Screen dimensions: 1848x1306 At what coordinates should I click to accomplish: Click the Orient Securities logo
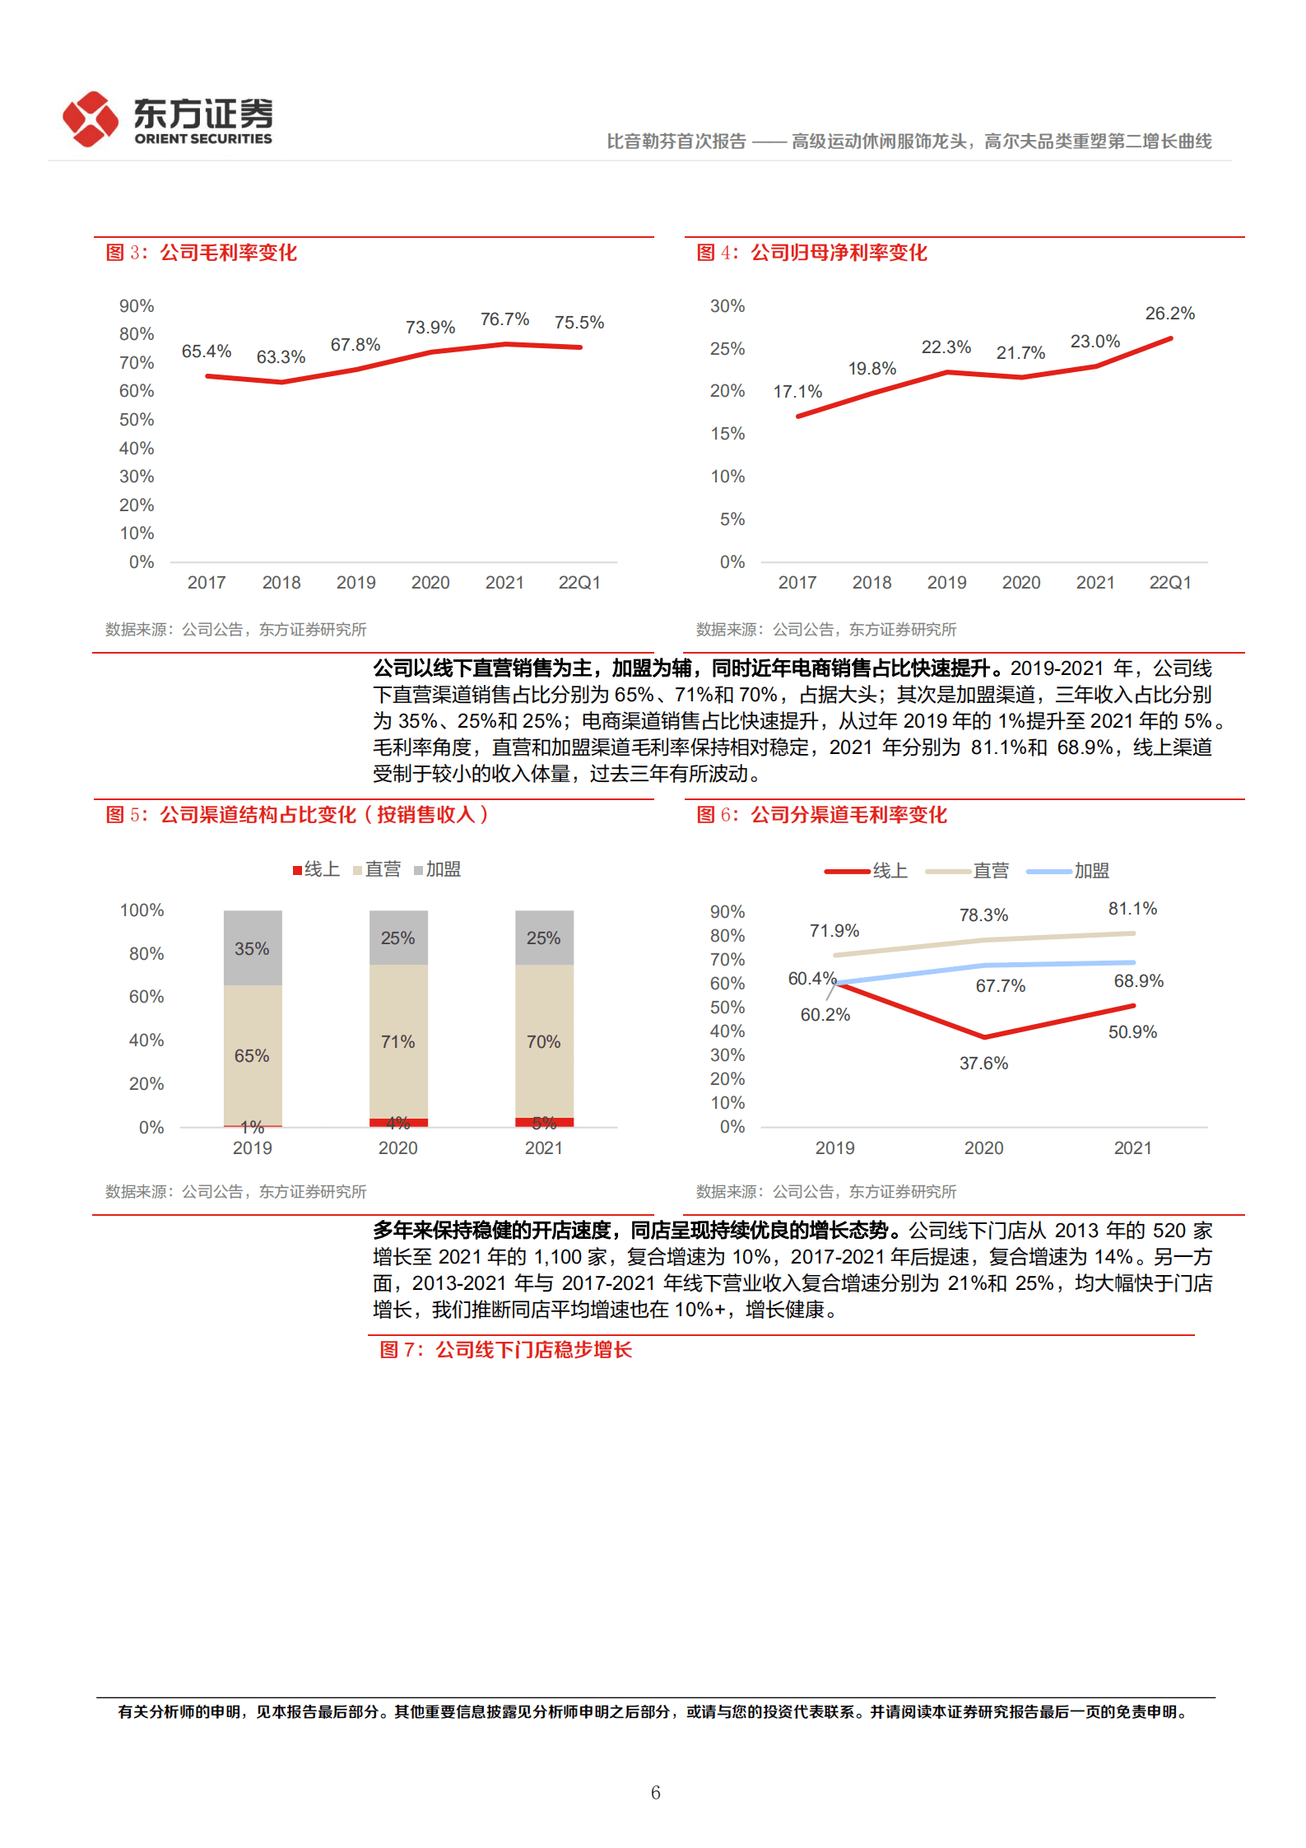pyautogui.click(x=167, y=120)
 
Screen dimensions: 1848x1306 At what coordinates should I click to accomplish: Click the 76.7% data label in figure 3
pyautogui.click(x=504, y=319)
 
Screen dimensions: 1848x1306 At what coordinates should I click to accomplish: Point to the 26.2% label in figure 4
pyautogui.click(x=1169, y=314)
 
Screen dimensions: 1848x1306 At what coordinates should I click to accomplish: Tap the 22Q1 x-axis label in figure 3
pyautogui.click(x=579, y=583)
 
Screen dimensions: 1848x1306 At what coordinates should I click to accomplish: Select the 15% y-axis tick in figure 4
pyautogui.click(x=727, y=434)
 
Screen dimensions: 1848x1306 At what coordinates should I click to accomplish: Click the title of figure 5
pyautogui.click(x=297, y=815)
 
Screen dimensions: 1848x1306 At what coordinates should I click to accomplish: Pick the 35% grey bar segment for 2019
pyautogui.click(x=253, y=948)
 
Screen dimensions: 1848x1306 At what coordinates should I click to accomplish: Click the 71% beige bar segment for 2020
pyautogui.click(x=398, y=1041)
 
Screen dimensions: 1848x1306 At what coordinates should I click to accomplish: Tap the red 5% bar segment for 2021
pyautogui.click(x=544, y=1122)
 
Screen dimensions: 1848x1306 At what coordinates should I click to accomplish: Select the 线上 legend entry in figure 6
pyautogui.click(x=867, y=871)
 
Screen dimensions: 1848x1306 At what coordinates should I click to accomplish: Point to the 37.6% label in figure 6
pyautogui.click(x=983, y=1064)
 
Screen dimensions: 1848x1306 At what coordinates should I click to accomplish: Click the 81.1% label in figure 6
pyautogui.click(x=1132, y=909)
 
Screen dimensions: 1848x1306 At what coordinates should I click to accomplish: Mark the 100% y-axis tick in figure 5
pyautogui.click(x=142, y=910)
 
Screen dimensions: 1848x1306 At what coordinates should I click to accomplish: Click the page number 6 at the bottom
pyautogui.click(x=655, y=1793)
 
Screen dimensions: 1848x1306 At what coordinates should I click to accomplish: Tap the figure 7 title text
pyautogui.click(x=505, y=1350)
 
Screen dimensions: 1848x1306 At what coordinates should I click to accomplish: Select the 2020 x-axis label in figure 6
pyautogui.click(x=983, y=1148)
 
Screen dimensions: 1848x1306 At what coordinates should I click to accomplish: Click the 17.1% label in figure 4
pyautogui.click(x=797, y=392)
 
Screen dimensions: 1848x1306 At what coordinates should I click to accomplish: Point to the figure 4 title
pyautogui.click(x=811, y=253)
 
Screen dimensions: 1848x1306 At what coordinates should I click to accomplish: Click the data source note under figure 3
pyautogui.click(x=235, y=630)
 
